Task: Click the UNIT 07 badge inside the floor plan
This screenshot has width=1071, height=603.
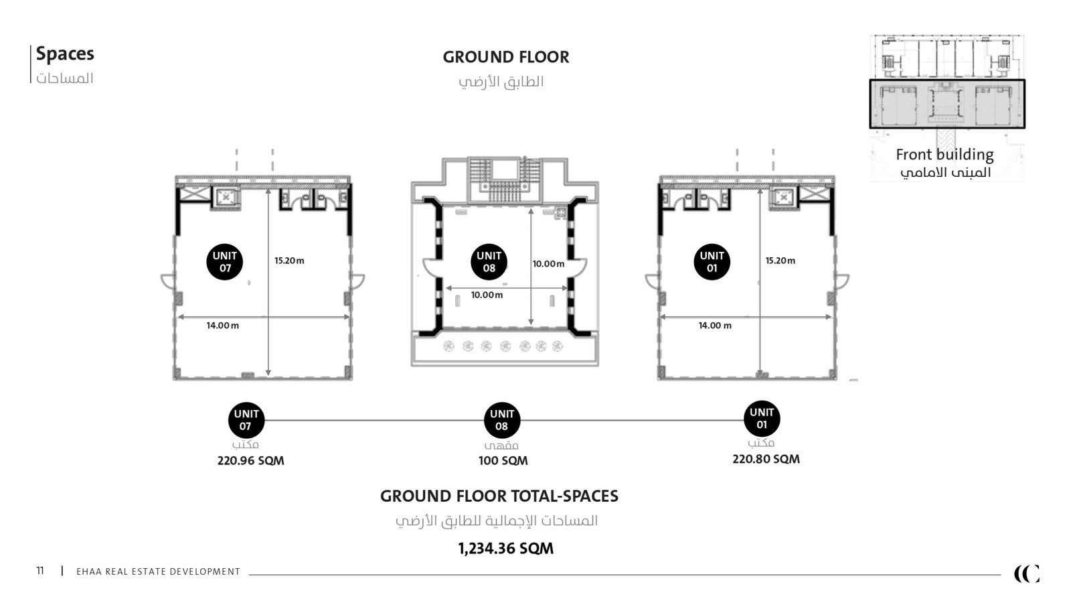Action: (225, 262)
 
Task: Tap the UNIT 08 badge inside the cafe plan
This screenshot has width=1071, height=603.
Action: (489, 262)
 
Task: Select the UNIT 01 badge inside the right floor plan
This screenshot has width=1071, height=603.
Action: (712, 262)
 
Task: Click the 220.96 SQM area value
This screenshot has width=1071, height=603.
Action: (250, 461)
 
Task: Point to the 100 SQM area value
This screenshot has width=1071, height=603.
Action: (503, 461)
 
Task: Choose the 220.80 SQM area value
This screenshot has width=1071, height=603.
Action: (766, 460)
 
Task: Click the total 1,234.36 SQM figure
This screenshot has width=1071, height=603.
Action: (506, 549)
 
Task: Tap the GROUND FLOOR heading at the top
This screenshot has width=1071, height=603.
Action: (506, 58)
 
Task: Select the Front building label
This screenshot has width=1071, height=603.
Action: (944, 155)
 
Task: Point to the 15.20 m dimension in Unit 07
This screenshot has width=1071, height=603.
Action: (289, 261)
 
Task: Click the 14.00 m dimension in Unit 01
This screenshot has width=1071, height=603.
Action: (715, 326)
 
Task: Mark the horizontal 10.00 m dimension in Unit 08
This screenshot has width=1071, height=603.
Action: (487, 295)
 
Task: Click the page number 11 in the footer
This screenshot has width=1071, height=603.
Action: (40, 571)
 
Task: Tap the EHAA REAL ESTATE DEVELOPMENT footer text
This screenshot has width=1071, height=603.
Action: (158, 572)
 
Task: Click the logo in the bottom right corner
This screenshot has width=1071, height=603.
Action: (1027, 574)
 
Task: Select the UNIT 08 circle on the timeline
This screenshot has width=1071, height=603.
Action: (501, 420)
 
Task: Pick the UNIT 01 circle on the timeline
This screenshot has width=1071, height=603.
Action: (762, 419)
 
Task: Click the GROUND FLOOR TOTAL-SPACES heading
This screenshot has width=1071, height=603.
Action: (499, 496)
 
